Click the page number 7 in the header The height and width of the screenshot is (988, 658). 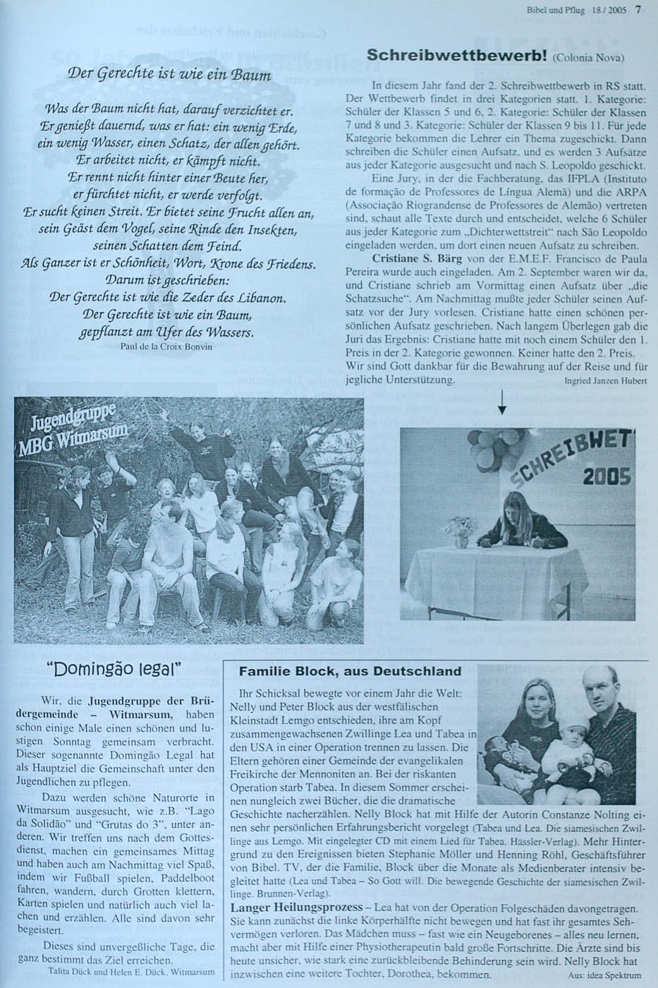pyautogui.click(x=638, y=9)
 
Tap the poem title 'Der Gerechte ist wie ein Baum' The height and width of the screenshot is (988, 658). pyautogui.click(x=169, y=74)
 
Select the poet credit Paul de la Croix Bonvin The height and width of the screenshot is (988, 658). pyautogui.click(x=166, y=347)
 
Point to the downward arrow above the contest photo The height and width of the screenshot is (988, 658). pyautogui.click(x=501, y=404)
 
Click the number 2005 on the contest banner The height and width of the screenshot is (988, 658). pyautogui.click(x=606, y=477)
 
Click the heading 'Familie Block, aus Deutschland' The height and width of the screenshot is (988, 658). pyautogui.click(x=350, y=671)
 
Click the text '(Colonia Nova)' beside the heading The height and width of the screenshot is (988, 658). pyautogui.click(x=589, y=58)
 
